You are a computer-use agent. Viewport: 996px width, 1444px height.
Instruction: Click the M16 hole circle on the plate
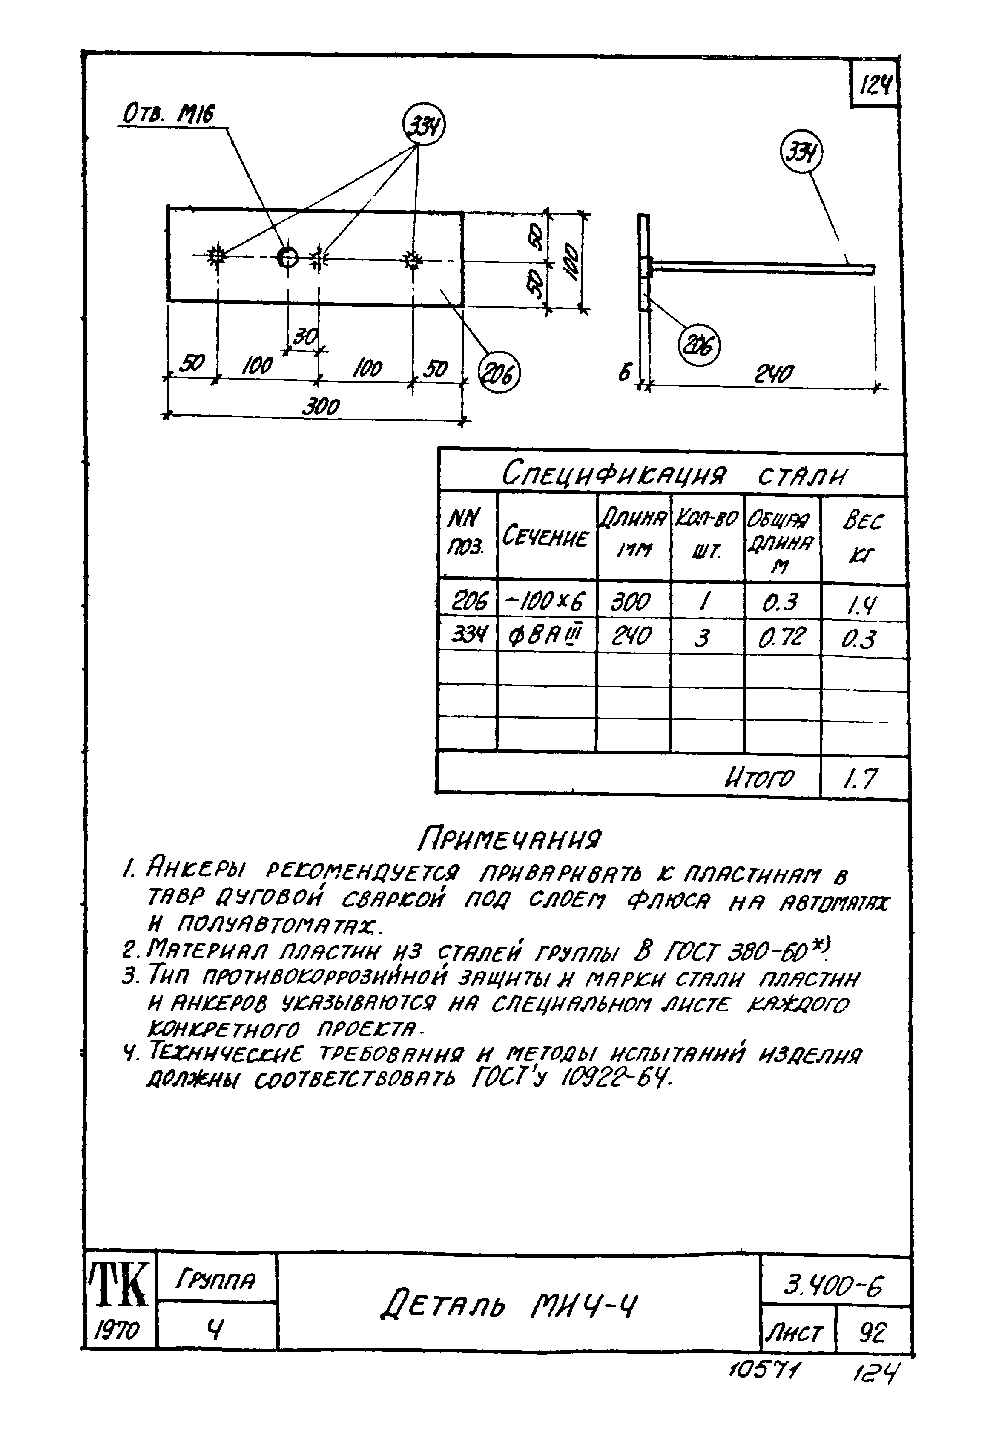click(288, 256)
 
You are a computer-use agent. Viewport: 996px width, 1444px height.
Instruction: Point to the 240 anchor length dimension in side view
click(774, 374)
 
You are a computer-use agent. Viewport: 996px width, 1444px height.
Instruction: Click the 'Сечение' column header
click(545, 537)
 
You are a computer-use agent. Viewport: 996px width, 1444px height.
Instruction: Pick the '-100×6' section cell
click(545, 602)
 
